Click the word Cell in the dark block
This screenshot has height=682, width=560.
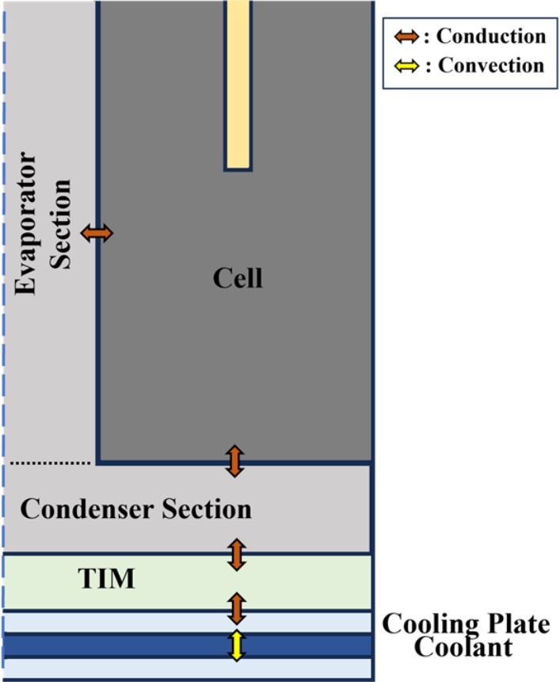(238, 278)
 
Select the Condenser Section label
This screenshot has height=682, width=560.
(135, 509)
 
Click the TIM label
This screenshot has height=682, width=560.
(106, 581)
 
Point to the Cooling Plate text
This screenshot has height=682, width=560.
(466, 624)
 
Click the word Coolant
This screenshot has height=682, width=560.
(466, 648)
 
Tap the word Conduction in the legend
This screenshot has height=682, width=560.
(491, 36)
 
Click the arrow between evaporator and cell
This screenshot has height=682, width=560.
(97, 233)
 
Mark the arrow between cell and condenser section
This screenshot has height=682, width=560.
(235, 461)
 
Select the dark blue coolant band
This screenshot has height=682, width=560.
(119, 646)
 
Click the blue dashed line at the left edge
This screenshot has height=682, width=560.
(4, 277)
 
